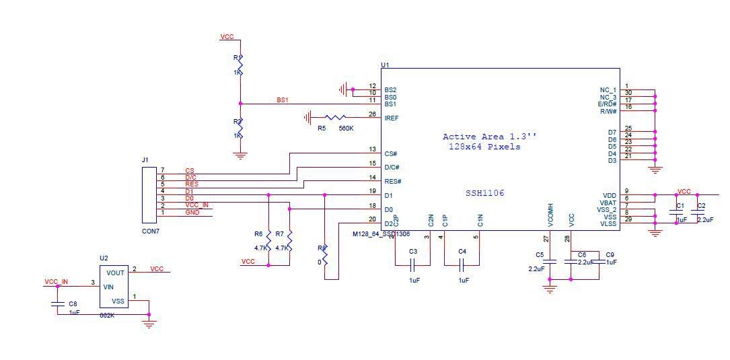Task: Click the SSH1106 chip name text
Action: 485,193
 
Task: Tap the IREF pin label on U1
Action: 391,118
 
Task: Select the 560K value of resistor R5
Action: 346,128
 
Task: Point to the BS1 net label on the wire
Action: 283,100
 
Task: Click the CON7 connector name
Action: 151,231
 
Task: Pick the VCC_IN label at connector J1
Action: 196,205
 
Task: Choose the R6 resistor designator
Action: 258,234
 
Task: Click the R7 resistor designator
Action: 280,234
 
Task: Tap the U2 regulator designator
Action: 104,258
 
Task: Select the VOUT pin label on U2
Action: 116,273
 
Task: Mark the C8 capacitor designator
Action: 73,304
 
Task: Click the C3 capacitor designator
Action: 413,252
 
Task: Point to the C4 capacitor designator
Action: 462,252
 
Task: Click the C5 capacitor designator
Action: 539,255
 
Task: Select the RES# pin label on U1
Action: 393,181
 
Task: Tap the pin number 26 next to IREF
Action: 373,114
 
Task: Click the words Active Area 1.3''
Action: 489,137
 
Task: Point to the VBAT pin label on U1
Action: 608,203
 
